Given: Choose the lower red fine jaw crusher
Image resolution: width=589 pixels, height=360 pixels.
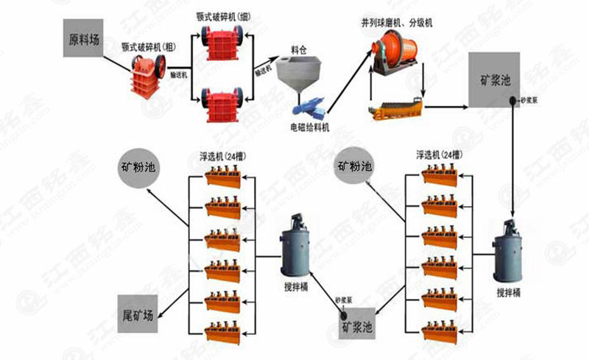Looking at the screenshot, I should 223,105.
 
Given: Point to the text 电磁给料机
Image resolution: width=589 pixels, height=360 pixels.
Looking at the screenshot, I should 309,127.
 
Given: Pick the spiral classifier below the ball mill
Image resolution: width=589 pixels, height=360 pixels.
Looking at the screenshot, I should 396,108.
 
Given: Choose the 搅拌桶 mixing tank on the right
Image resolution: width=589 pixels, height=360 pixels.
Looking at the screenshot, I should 509,252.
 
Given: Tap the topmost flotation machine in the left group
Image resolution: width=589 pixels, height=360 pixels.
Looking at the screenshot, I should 224,177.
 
